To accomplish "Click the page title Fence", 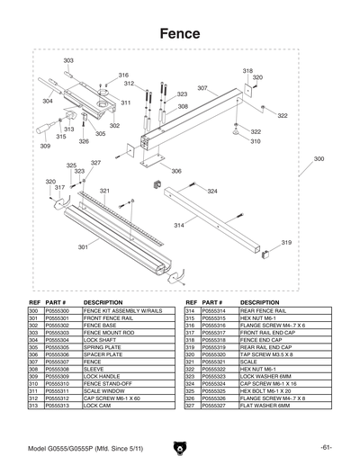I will (179, 32).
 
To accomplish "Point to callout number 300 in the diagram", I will (319, 159).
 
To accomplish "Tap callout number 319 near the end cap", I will (286, 243).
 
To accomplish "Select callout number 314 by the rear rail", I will (179, 225).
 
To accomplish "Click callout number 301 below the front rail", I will (83, 246).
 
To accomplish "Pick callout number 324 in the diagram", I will (212, 192).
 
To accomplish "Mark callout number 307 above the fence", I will (202, 88).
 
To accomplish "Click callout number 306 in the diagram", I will (176, 171).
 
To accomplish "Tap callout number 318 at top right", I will (247, 70).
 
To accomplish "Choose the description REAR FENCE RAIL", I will (261, 310).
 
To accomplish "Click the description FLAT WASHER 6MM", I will (265, 407).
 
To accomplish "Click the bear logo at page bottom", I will (179, 446).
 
